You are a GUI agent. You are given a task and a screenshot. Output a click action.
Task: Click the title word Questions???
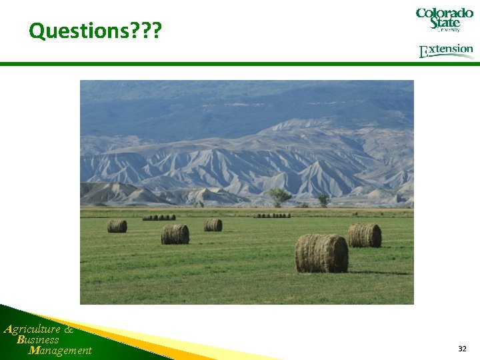tap(95, 31)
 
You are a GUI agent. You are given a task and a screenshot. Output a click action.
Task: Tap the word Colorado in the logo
tap(445, 13)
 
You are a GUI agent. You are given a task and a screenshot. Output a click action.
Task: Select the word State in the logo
tap(445, 23)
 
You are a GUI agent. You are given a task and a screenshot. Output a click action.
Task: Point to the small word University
tap(449, 30)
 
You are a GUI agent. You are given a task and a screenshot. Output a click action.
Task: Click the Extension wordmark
tap(446, 51)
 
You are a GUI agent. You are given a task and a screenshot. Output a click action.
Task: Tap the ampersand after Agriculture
tap(69, 329)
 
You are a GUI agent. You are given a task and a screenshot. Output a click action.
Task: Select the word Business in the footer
tap(39, 339)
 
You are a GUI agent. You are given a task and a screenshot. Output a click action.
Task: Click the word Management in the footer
tap(61, 351)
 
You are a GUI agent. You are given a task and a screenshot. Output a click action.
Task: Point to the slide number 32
tap(462, 349)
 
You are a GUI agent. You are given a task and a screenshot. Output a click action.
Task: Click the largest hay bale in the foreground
tap(321, 253)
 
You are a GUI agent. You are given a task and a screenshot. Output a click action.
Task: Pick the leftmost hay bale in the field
tap(117, 226)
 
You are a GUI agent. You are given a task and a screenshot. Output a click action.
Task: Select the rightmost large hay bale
tap(365, 235)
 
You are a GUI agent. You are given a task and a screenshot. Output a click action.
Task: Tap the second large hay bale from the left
tap(175, 234)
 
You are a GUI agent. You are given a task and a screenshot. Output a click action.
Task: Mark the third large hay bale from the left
tap(213, 225)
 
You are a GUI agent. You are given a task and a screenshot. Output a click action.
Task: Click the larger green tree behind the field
tap(279, 196)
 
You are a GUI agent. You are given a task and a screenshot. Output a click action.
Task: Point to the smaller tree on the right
tap(323, 199)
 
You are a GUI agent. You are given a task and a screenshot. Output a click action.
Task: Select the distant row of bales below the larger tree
tap(271, 215)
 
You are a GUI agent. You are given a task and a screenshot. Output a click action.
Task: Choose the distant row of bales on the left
tap(159, 217)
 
